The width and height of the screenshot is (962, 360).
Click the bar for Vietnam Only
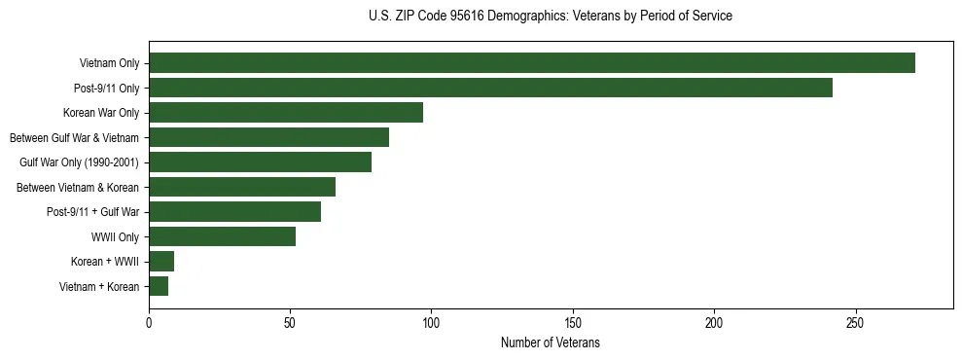(x=531, y=63)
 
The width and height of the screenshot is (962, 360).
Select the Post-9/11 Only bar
(x=490, y=88)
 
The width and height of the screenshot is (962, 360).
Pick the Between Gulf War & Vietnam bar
(x=268, y=137)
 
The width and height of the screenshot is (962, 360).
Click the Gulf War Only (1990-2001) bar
(x=260, y=162)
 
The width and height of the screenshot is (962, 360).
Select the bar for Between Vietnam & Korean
(x=242, y=187)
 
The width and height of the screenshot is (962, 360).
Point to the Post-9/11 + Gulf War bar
(x=234, y=212)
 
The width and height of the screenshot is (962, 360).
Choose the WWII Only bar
(x=222, y=236)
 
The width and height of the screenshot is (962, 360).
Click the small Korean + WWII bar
(x=161, y=262)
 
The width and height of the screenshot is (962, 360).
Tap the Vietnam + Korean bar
(x=159, y=286)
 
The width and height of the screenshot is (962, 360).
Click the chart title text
(x=551, y=17)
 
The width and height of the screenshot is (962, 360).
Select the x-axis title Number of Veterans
(x=551, y=343)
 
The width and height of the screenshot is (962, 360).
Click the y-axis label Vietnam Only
(x=109, y=64)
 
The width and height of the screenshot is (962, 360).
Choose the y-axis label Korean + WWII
(x=105, y=262)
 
